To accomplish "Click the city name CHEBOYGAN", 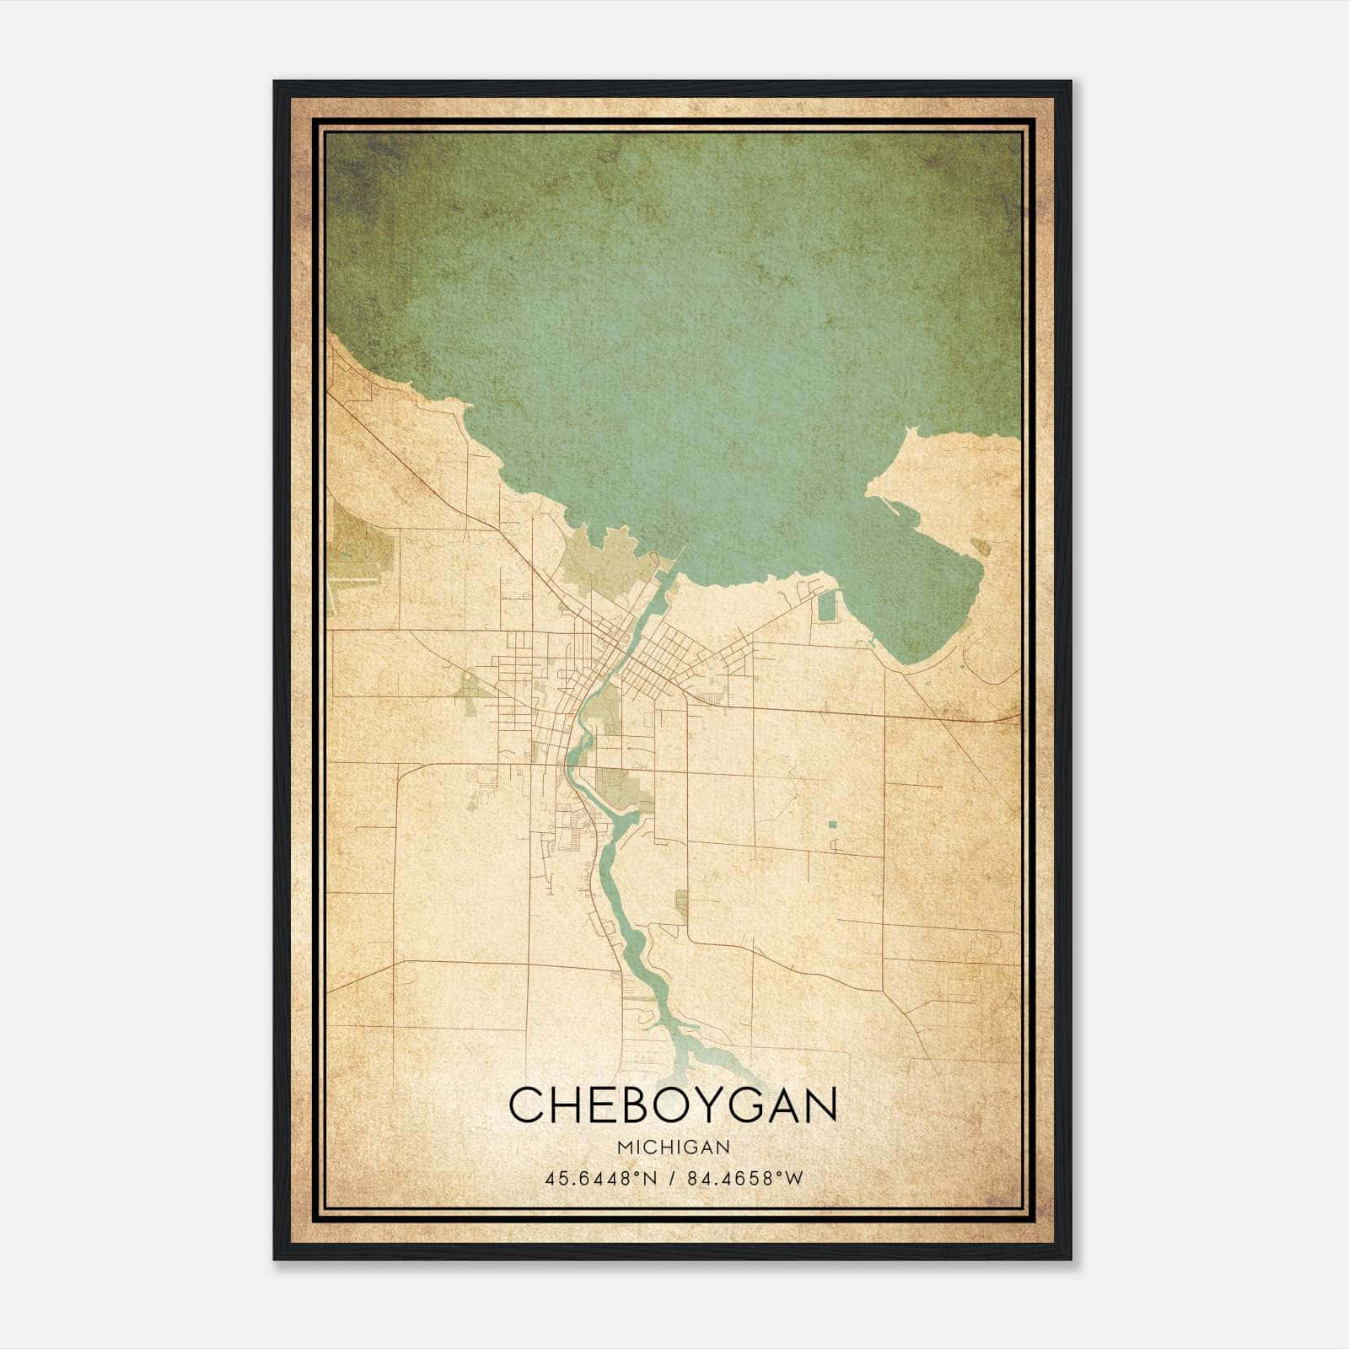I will [x=673, y=1104].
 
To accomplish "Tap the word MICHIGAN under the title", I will [x=673, y=1147].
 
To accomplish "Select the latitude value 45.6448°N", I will [x=599, y=1178].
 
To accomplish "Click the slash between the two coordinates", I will [x=673, y=1178].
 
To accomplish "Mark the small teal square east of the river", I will [x=832, y=824].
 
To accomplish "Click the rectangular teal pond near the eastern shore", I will [x=829, y=604].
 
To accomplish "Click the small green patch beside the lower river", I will [x=681, y=905].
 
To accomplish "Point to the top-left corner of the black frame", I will [x=276, y=83].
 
